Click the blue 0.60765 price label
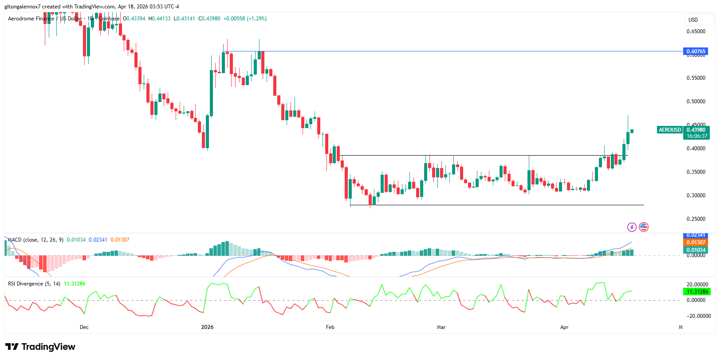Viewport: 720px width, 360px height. coord(696,51)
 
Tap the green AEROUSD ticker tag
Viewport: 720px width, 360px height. coord(669,130)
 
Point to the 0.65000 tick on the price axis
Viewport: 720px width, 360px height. coord(696,31)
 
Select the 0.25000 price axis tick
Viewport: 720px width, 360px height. coord(696,219)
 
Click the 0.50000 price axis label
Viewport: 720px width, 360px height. coord(696,102)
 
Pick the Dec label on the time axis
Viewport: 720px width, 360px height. coord(84,327)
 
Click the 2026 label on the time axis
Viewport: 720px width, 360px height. coord(207,327)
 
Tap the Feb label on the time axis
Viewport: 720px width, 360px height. coord(330,327)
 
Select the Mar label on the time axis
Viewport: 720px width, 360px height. coord(441,327)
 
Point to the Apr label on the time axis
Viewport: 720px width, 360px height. coord(564,327)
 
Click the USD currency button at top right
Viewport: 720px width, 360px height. coord(693,20)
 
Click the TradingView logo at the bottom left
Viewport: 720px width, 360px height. coord(40,347)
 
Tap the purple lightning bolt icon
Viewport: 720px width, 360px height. coord(632,227)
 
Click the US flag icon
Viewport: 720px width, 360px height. coord(644,227)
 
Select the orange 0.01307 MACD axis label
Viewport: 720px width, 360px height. coord(696,243)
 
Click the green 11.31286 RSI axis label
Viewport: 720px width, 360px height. coord(696,292)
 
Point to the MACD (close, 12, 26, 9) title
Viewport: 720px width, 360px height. coord(36,240)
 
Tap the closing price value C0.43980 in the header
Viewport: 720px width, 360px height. coord(209,19)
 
